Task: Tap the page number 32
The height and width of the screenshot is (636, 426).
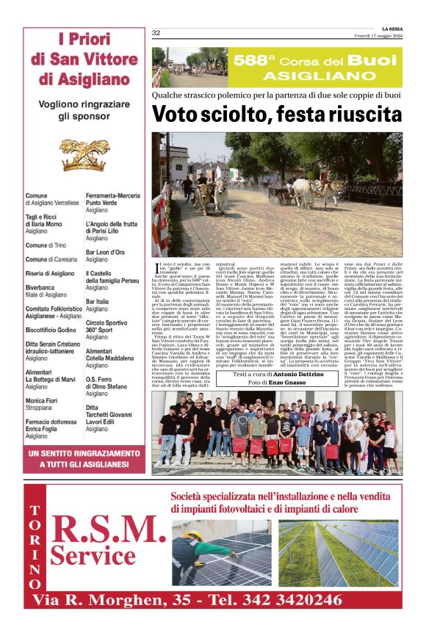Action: (x=156, y=33)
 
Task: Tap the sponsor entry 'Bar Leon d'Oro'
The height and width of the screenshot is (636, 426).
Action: (x=105, y=253)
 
